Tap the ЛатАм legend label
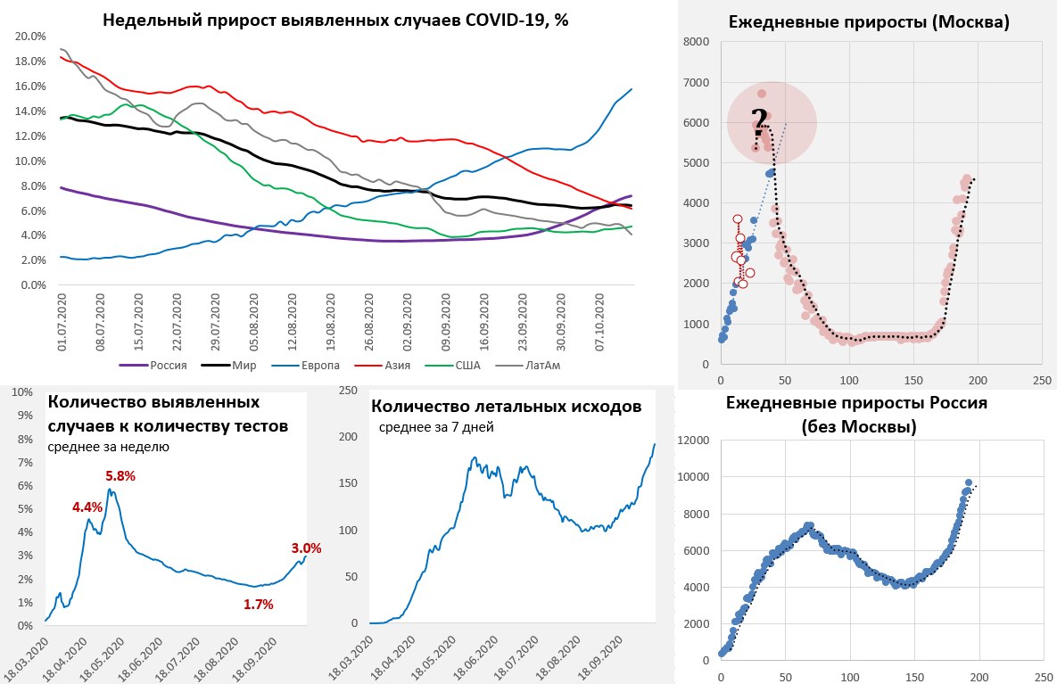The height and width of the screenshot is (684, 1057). [x=599, y=365]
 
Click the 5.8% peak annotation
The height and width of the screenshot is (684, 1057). [x=120, y=476]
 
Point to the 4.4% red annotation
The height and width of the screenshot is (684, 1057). [x=87, y=507]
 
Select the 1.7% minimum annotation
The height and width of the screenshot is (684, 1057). [x=258, y=604]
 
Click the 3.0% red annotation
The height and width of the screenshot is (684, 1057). [x=306, y=548]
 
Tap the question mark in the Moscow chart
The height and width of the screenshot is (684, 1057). [x=759, y=119]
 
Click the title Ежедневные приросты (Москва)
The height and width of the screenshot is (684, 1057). [x=869, y=23]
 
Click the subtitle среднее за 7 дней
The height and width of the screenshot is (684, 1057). [x=436, y=427]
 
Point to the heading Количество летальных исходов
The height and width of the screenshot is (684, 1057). [x=506, y=407]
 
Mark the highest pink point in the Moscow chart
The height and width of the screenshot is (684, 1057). [x=762, y=94]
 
